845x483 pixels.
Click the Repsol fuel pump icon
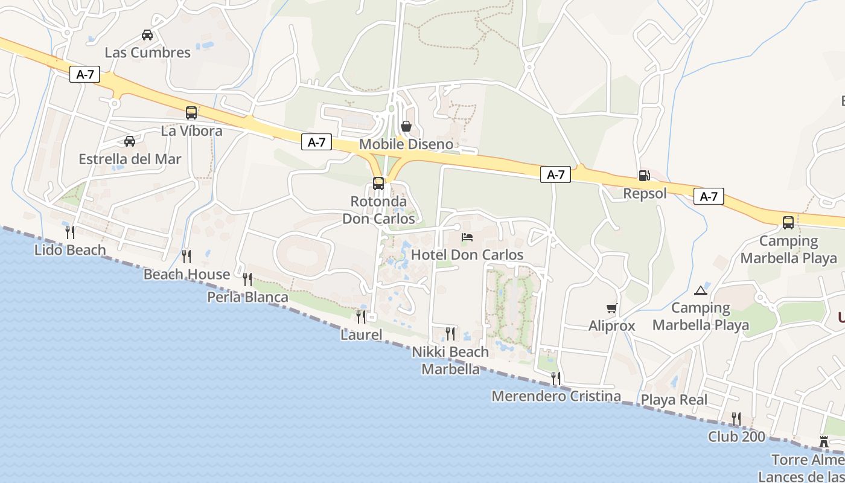coord(644,176)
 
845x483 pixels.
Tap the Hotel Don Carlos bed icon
coord(467,237)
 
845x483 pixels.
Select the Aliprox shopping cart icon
coord(612,309)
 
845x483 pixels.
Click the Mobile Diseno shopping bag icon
coord(406,126)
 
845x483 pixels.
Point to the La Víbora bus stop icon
coord(191,113)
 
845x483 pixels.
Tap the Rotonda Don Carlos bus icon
coord(378,184)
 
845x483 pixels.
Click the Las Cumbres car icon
coord(147,35)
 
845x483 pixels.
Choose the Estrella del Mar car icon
coord(130,141)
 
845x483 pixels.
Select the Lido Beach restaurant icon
coord(70,232)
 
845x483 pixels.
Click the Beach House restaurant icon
coord(187,257)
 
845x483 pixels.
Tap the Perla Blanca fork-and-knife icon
coord(247,279)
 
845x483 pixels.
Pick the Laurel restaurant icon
coord(361,316)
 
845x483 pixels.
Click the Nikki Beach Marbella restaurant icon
coord(450,333)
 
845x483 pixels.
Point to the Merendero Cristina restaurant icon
coord(556,379)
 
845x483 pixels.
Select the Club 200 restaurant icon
coord(736,418)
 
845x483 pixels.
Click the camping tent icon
coord(701,290)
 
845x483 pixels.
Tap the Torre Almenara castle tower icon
coord(824,442)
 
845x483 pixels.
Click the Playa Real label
coord(674,400)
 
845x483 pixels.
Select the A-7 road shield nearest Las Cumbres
coord(84,75)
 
